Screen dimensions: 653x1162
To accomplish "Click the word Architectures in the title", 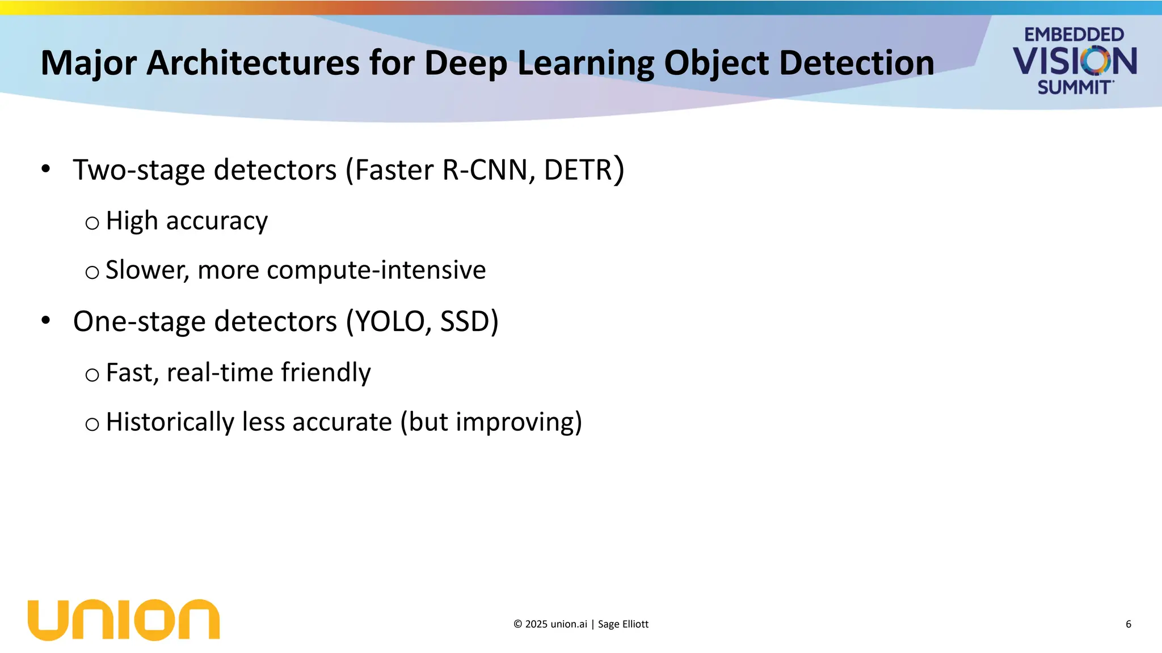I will (253, 62).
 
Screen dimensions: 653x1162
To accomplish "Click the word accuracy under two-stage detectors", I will (217, 221).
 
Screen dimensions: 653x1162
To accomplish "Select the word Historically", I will (170, 422).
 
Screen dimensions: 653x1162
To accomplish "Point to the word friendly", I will (326, 373).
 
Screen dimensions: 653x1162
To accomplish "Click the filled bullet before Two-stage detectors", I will (46, 168).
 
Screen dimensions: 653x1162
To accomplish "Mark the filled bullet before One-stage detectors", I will (46, 320).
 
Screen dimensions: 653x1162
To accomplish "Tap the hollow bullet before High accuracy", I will (92, 223).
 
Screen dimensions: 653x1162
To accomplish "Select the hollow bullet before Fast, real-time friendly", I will (92, 375).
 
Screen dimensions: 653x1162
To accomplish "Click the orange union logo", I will (124, 620).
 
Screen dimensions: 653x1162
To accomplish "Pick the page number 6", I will (1128, 624).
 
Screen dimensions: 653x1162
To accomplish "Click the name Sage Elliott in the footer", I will (623, 624).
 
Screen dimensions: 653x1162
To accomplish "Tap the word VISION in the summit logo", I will (1075, 61).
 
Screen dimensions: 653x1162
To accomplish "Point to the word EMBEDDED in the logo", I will (1073, 35).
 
